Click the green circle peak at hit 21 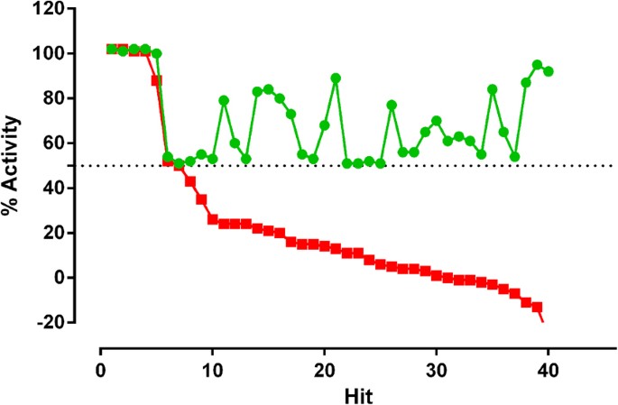pos(336,78)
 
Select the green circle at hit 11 pos(224,100)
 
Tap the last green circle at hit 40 pos(548,71)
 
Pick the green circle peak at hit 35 pos(492,89)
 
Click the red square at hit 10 pos(212,219)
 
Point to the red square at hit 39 pos(537,307)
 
